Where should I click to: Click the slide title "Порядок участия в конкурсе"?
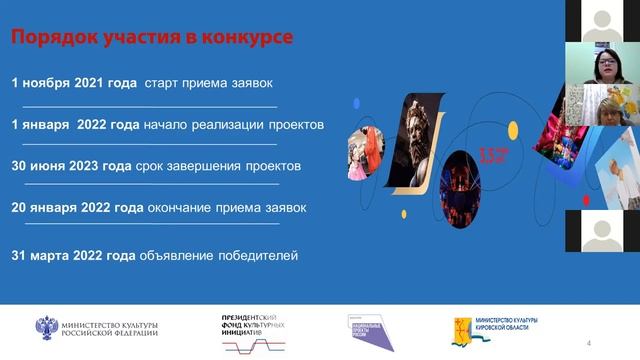point(152,38)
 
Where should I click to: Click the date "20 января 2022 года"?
point(78,208)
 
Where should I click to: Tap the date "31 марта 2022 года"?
point(73,256)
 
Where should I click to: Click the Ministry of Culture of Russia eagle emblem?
point(48,327)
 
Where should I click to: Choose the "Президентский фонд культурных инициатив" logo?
point(254,328)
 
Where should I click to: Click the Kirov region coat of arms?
point(461,328)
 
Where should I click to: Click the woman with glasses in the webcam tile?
point(611,70)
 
